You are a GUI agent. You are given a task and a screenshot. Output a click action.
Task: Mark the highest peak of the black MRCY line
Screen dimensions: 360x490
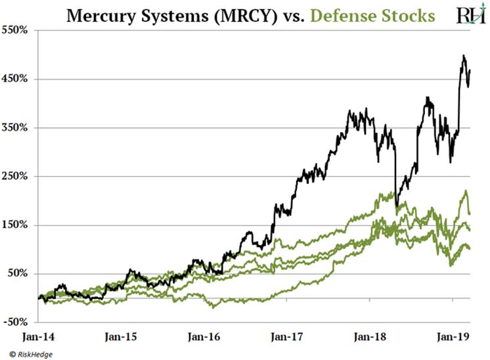(464, 56)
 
